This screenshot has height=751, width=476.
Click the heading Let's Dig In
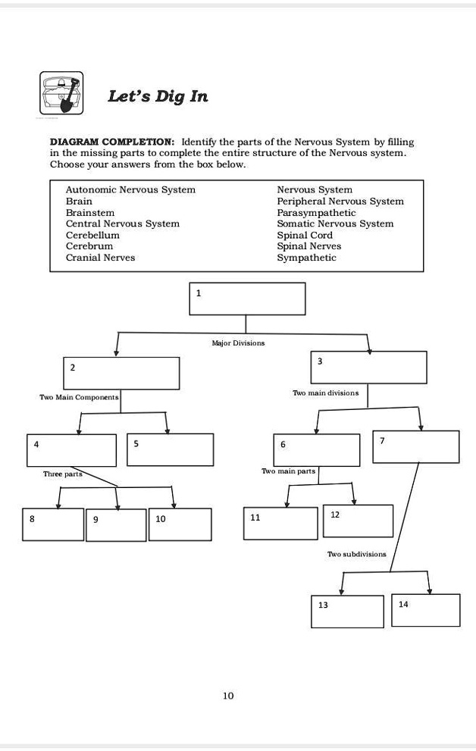pyautogui.click(x=158, y=96)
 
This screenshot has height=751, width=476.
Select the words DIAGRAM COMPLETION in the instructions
pyautogui.click(x=112, y=142)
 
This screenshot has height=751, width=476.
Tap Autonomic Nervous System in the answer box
pyautogui.click(x=130, y=189)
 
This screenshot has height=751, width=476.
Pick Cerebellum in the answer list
pyautogui.click(x=92, y=235)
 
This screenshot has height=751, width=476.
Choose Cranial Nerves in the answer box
pyautogui.click(x=100, y=258)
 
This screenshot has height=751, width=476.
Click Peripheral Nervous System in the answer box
pyautogui.click(x=340, y=201)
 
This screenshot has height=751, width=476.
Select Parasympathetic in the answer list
pyautogui.click(x=316, y=212)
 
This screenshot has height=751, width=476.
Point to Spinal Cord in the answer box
pyautogui.click(x=305, y=235)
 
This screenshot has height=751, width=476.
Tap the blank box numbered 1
pyautogui.click(x=247, y=299)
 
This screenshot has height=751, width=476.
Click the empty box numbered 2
pyautogui.click(x=121, y=373)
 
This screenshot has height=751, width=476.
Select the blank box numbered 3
pyautogui.click(x=369, y=368)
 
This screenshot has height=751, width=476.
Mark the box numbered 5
pyautogui.click(x=171, y=449)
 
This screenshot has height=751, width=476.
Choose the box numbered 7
pyautogui.click(x=415, y=446)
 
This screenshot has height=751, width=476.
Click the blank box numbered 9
pyautogui.click(x=116, y=525)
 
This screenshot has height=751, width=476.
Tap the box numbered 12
pyautogui.click(x=358, y=521)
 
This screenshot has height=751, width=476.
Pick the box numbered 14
pyautogui.click(x=425, y=610)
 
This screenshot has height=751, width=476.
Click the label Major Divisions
pyautogui.click(x=239, y=343)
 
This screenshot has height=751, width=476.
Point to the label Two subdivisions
pyautogui.click(x=356, y=554)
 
